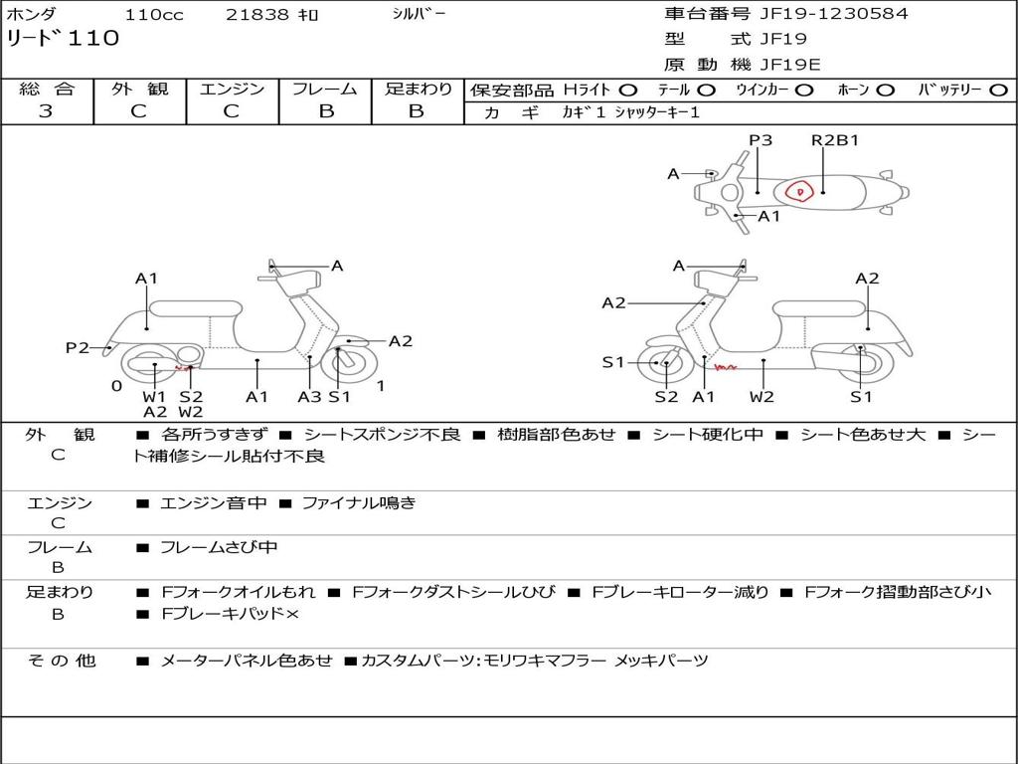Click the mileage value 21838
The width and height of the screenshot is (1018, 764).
257,15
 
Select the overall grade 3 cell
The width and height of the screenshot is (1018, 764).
46,111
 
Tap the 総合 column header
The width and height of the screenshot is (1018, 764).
46,90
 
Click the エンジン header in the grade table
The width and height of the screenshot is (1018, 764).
232,90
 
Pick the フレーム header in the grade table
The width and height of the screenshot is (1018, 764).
325,90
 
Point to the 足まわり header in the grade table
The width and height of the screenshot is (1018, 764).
418,90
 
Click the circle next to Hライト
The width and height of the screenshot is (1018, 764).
628,91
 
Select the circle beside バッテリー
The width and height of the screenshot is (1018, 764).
999,91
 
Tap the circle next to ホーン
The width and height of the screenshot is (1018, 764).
885,91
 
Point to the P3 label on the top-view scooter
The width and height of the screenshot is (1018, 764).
761,140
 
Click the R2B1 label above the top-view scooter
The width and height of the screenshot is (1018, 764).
835,140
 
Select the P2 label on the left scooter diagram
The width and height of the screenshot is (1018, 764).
78,347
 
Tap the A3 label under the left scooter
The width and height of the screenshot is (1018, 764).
309,397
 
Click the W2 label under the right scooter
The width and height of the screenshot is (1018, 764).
763,397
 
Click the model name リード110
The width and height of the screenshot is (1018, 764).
63,39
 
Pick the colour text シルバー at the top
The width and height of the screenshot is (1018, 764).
419,14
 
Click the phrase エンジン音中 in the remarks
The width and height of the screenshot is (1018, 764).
213,503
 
